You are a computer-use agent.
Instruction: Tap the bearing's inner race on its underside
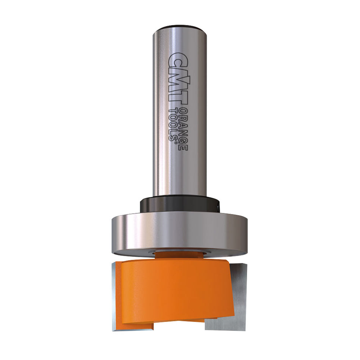(x=180, y=250)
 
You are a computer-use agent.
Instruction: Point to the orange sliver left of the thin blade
(x=113, y=296)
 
